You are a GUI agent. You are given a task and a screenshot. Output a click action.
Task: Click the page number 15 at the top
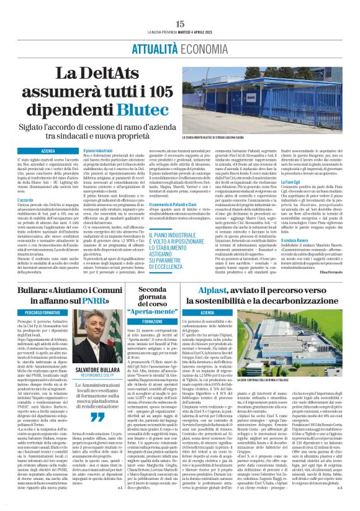tap(180, 24)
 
